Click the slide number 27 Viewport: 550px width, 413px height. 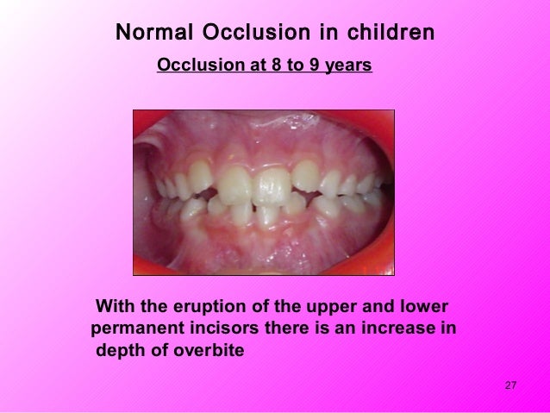pos(509,385)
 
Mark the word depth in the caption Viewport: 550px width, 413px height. pos(121,352)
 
